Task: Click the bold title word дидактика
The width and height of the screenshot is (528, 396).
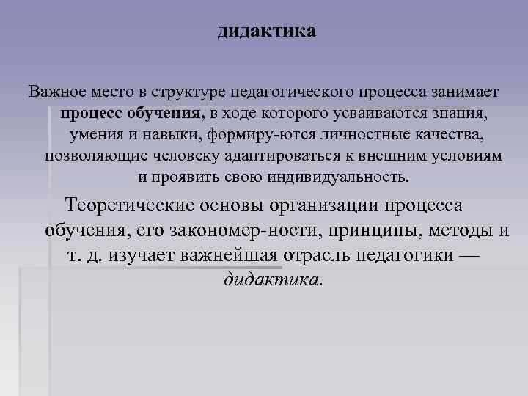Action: tap(267, 32)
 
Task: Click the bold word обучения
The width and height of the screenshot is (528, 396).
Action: tap(166, 114)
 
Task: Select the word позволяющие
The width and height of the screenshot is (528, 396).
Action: tap(92, 157)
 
